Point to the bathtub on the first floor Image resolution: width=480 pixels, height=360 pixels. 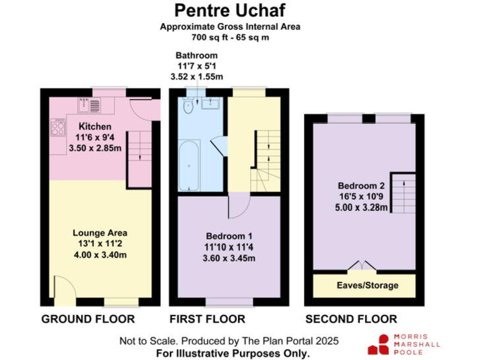pyautogui.click(x=188, y=167)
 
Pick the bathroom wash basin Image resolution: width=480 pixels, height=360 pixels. pyautogui.click(x=211, y=102)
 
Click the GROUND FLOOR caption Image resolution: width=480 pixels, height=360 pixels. pyautogui.click(x=88, y=319)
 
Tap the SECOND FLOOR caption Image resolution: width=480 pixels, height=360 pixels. pyautogui.click(x=351, y=319)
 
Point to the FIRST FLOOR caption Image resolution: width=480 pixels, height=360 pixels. pyautogui.click(x=207, y=319)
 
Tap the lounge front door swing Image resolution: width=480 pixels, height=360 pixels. pyautogui.click(x=62, y=289)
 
